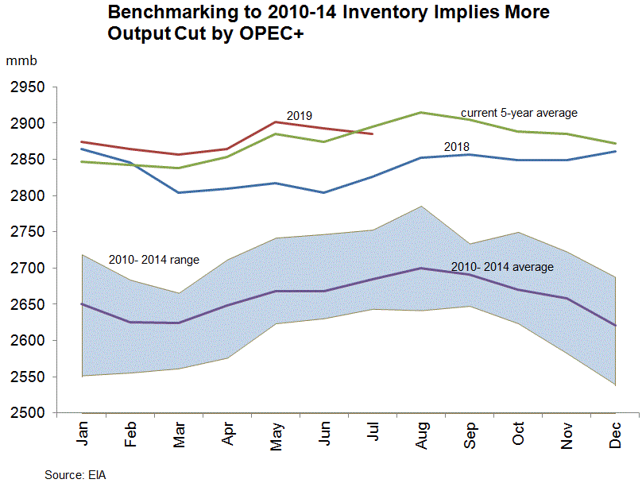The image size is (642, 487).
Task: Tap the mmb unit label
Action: tap(22, 61)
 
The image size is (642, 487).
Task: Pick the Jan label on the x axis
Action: tap(82, 435)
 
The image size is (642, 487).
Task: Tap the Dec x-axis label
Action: tap(615, 435)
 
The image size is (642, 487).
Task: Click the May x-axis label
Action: tap(276, 435)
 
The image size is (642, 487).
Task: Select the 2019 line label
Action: tap(299, 116)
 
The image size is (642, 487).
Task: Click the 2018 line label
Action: tap(456, 146)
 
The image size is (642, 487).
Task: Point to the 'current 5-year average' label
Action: tap(520, 113)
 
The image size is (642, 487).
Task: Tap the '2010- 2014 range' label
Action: tap(153, 260)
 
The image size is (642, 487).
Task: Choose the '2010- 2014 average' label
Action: tap(502, 267)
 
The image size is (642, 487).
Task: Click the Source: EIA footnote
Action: tap(75, 475)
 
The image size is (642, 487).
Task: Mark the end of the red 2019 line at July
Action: tap(372, 133)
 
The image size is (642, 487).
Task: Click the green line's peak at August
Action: tap(421, 113)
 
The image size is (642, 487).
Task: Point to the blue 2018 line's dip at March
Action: tap(178, 192)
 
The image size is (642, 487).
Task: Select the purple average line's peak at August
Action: tap(421, 268)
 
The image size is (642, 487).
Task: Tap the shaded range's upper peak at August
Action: tap(421, 207)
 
